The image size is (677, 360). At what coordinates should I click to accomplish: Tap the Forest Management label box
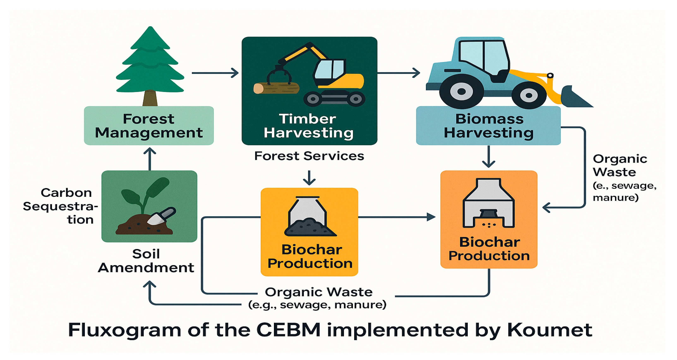click(x=149, y=126)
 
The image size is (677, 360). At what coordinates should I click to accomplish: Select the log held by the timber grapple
click(x=276, y=88)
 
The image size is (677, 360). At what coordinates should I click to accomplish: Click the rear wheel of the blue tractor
click(x=461, y=91)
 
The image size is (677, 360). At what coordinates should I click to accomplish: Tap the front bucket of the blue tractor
click(x=576, y=97)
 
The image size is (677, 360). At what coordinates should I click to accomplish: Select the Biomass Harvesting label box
click(x=488, y=126)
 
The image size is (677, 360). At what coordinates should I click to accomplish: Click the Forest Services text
click(x=309, y=156)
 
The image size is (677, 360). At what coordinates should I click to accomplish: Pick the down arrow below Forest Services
click(x=309, y=178)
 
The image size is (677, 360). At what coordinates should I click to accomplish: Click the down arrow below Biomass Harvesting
click(x=489, y=157)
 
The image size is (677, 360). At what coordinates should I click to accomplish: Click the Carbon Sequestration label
click(x=60, y=206)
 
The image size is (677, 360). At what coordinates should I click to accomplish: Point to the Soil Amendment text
click(x=146, y=261)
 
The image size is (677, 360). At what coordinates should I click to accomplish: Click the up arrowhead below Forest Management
click(x=150, y=151)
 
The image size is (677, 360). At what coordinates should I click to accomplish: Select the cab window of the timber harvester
click(x=330, y=70)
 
